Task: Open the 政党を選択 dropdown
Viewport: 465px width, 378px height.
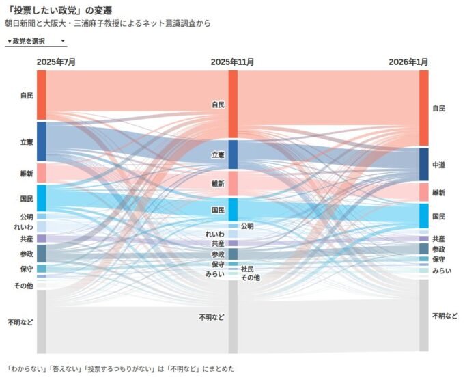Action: pos(36,41)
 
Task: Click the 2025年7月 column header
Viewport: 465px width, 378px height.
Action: pos(56,62)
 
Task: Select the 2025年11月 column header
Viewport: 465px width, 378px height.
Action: pos(232,62)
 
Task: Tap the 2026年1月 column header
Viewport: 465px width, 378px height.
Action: pos(408,62)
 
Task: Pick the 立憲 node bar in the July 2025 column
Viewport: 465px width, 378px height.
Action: pos(42,141)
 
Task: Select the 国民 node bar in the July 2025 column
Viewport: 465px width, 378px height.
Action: pos(42,198)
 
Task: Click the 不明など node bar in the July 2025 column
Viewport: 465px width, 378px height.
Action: pos(42,321)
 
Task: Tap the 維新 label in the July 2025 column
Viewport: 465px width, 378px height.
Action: pos(27,174)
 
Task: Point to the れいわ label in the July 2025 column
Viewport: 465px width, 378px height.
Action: pos(25,227)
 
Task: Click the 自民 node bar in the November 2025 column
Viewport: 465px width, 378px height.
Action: pos(233,104)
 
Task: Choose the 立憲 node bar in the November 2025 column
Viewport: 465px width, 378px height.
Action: pos(233,154)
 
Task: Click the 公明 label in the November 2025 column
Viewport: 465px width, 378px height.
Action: pos(247,226)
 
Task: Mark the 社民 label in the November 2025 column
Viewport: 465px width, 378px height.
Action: pos(247,269)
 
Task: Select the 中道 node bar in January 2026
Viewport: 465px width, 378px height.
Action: pos(423,165)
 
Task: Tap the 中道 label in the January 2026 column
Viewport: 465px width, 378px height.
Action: pos(439,165)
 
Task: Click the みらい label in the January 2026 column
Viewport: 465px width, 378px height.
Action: pos(442,271)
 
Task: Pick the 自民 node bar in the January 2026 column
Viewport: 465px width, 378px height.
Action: pos(423,108)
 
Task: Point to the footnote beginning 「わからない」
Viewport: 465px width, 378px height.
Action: pos(120,368)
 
